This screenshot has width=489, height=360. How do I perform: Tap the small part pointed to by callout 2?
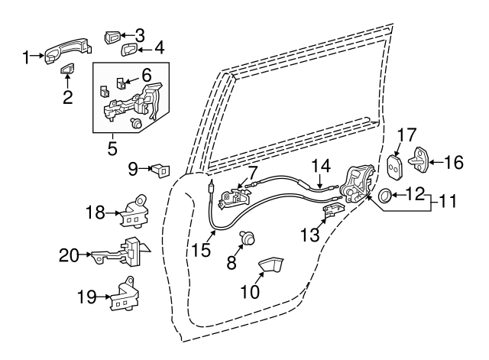click(x=67, y=70)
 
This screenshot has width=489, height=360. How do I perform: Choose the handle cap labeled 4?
click(x=130, y=50)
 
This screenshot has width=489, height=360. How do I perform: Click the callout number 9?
click(x=132, y=167)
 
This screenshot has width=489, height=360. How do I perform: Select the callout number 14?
click(x=321, y=164)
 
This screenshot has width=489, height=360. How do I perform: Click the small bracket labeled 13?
click(x=333, y=212)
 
